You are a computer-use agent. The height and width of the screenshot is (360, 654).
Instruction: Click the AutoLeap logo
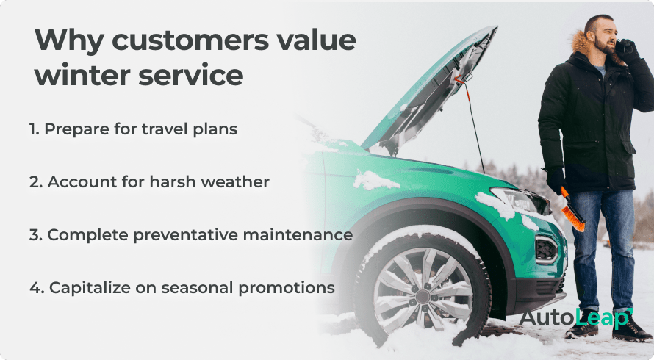pyautogui.click(x=575, y=317)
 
